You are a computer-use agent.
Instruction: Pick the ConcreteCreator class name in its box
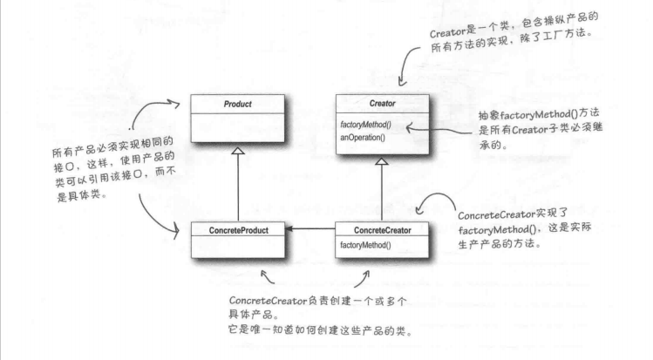pos(380,229)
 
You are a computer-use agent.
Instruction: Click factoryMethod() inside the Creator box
pos(366,126)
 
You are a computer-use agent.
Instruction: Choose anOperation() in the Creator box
pos(364,138)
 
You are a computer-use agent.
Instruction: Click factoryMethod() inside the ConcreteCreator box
pos(367,246)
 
